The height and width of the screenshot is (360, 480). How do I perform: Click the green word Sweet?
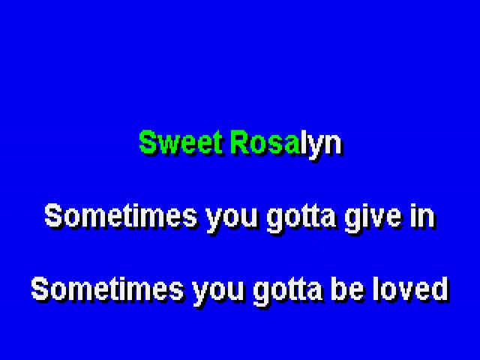[x=181, y=142]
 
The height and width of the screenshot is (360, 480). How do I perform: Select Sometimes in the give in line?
[x=121, y=216]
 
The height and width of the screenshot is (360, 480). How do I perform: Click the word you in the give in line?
[x=232, y=219]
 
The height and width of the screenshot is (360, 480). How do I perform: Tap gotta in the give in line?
[x=301, y=218]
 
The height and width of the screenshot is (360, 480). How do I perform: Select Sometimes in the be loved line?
[x=108, y=289]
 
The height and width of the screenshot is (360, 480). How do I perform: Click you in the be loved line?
[x=218, y=292]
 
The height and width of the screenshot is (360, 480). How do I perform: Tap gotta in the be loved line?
[x=288, y=292]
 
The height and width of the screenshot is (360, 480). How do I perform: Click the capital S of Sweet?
[x=148, y=142]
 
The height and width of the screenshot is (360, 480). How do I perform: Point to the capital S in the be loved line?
[x=40, y=289]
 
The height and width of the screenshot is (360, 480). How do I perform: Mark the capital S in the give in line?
[x=54, y=216]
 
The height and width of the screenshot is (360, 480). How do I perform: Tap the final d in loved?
[x=439, y=288]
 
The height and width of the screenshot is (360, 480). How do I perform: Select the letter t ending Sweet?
[x=218, y=143]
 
